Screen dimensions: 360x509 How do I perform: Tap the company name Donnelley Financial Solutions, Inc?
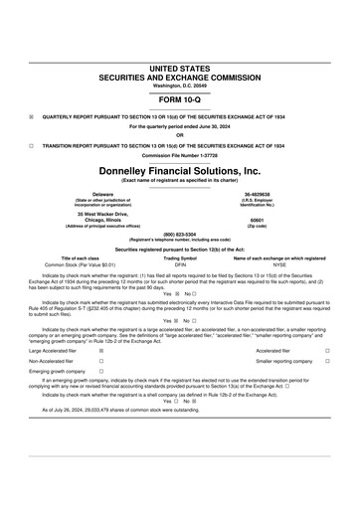click(179, 172)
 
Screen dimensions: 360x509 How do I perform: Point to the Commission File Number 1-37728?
click(179, 156)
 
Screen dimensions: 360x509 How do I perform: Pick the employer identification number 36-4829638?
click(258, 194)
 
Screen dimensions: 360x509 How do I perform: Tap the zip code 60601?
click(258, 220)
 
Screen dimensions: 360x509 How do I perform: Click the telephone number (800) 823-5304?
click(179, 235)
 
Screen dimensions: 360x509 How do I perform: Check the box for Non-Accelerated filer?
click(102, 361)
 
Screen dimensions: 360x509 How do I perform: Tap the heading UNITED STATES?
click(179, 69)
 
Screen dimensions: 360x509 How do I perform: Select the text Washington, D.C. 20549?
click(179, 85)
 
